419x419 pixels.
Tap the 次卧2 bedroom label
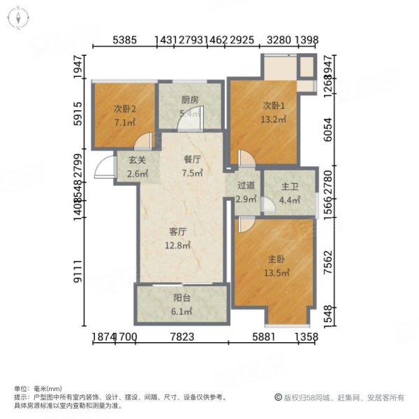click(124, 108)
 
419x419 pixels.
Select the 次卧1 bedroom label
click(274, 105)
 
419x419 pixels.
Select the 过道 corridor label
click(244, 186)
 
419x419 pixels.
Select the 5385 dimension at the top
click(127, 40)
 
